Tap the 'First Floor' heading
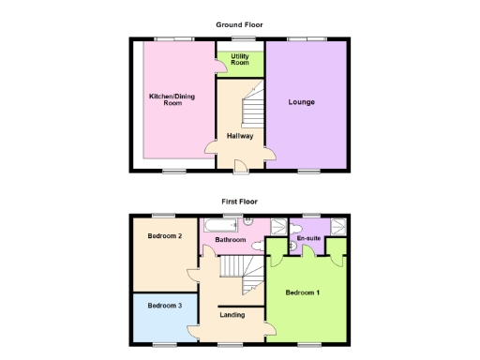[240, 201]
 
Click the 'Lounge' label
[302, 101]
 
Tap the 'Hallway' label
[240, 136]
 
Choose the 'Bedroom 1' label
[303, 292]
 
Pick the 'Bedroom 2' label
[164, 236]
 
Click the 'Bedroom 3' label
[164, 305]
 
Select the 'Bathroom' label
[231, 240]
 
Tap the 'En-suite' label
[307, 240]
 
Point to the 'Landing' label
[232, 315]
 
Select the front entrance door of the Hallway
[240, 166]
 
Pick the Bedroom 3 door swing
[191, 328]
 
